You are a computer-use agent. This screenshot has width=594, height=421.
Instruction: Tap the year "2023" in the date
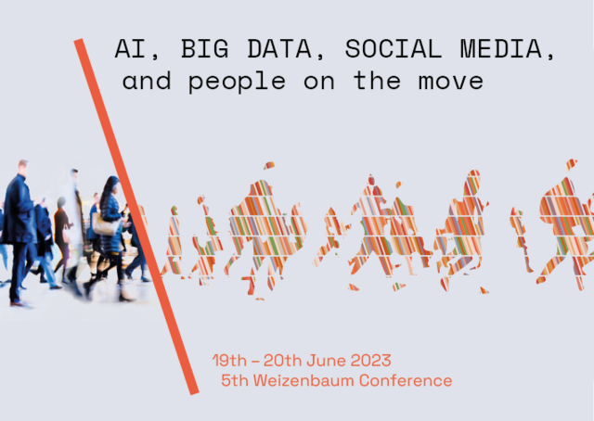click(369, 361)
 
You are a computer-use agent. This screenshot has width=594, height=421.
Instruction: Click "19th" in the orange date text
click(231, 361)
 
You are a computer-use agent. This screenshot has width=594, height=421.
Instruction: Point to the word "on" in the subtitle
click(316, 82)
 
